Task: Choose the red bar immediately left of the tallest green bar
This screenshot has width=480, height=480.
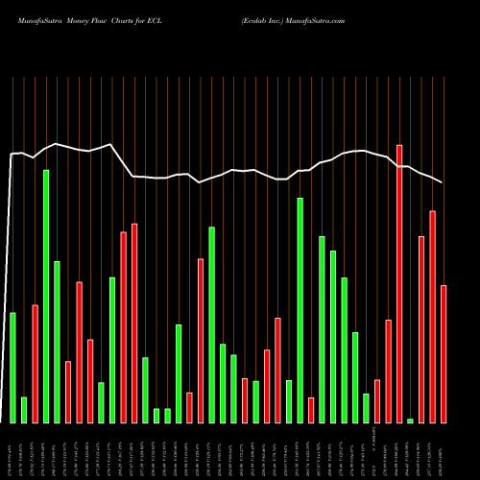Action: coord(35,364)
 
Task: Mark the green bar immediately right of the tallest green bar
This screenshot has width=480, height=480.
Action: coord(57,342)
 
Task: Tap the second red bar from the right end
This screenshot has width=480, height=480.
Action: coord(432,317)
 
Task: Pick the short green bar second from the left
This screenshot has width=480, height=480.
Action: coord(24,410)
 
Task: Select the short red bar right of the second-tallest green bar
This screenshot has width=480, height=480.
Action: coord(311,410)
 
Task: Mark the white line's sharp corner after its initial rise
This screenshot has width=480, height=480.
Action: coord(12,154)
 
